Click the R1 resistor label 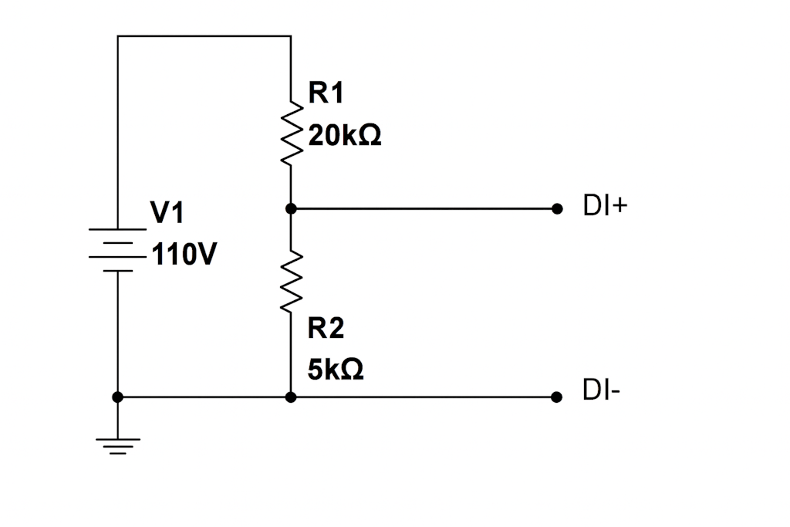point(326,94)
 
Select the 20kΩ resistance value point(345,137)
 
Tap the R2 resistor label point(326,329)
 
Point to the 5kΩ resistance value point(336,370)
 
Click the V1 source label point(167,213)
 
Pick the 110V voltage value point(184,255)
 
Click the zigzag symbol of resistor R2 point(291,282)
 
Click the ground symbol point(117,446)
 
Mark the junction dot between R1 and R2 point(291,208)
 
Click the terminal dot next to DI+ point(557,208)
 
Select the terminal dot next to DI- point(557,397)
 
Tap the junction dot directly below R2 point(291,397)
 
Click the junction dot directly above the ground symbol point(117,397)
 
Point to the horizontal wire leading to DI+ point(424,208)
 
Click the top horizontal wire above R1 point(204,36)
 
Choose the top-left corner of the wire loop point(118,36)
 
